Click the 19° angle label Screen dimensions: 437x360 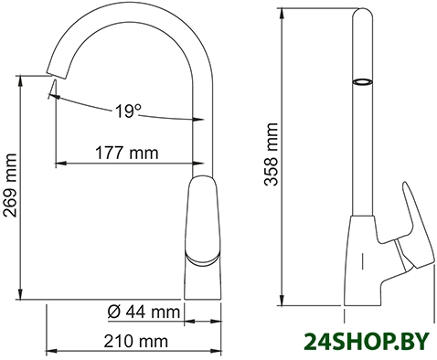pyautogui.click(x=128, y=111)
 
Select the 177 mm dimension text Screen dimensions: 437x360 pyautogui.click(x=127, y=153)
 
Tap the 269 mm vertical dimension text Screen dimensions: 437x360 pyautogui.click(x=10, y=185)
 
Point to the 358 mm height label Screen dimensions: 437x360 pyautogui.click(x=272, y=154)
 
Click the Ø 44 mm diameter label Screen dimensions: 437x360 pyautogui.click(x=144, y=312)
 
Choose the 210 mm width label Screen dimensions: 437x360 pyautogui.click(x=135, y=341)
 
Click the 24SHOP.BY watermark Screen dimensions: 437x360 pyautogui.click(x=367, y=342)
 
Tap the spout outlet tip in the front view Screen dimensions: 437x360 pyautogui.click(x=57, y=76)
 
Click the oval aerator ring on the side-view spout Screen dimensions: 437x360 pyautogui.click(x=362, y=81)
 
